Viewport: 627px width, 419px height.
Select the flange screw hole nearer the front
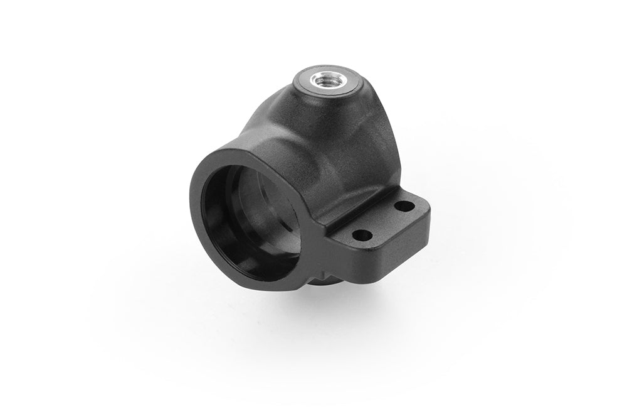[x=361, y=236]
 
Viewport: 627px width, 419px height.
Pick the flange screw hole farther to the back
[x=406, y=206]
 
